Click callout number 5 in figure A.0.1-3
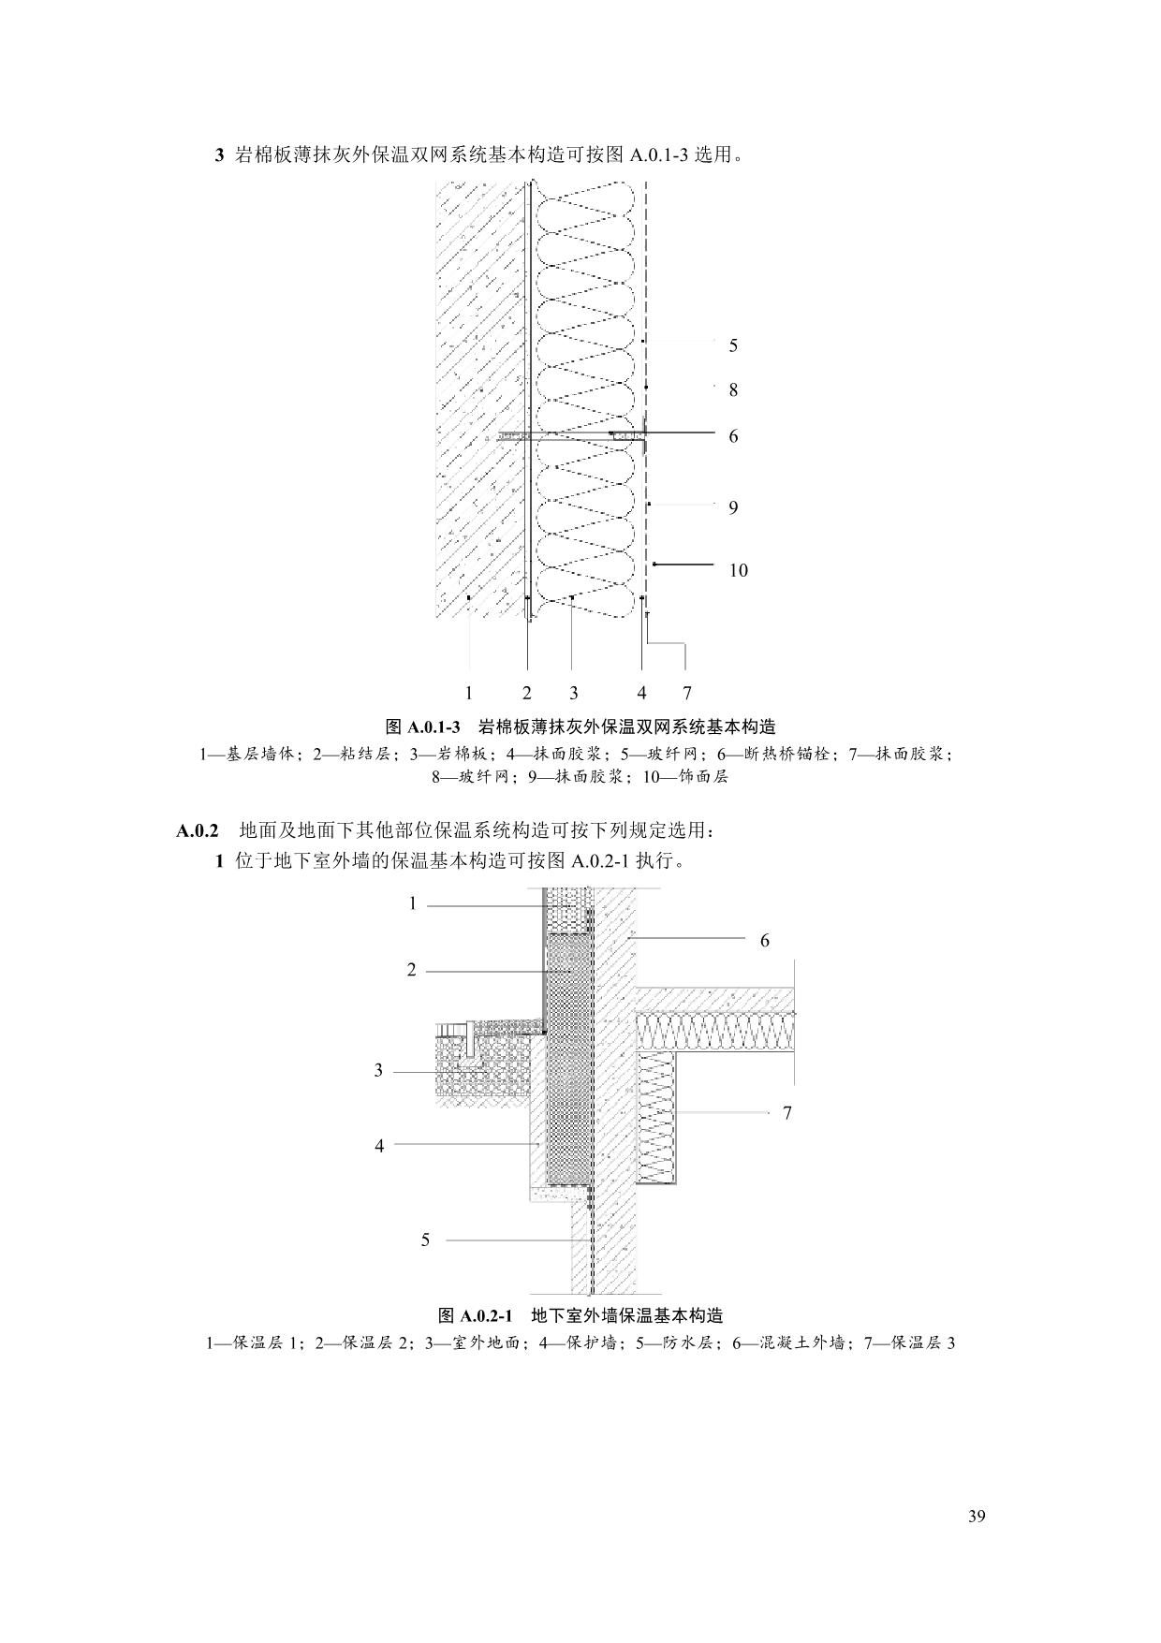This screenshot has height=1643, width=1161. click(733, 345)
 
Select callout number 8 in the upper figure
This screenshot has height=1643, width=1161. click(733, 389)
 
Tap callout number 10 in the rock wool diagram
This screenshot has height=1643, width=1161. click(738, 570)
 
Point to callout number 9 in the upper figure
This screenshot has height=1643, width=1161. click(733, 507)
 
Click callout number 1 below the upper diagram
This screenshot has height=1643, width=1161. click(468, 693)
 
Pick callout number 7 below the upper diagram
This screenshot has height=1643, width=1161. click(686, 693)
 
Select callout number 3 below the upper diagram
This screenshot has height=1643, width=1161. click(573, 693)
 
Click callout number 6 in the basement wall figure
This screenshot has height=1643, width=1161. click(764, 941)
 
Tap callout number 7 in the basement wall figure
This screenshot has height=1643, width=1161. click(786, 1112)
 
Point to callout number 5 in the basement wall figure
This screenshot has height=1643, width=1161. click(425, 1240)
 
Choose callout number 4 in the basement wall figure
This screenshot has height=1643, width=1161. click(379, 1145)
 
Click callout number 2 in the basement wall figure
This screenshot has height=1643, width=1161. click(411, 970)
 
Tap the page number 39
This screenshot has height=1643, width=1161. click(977, 1518)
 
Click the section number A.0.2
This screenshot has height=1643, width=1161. click(197, 830)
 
